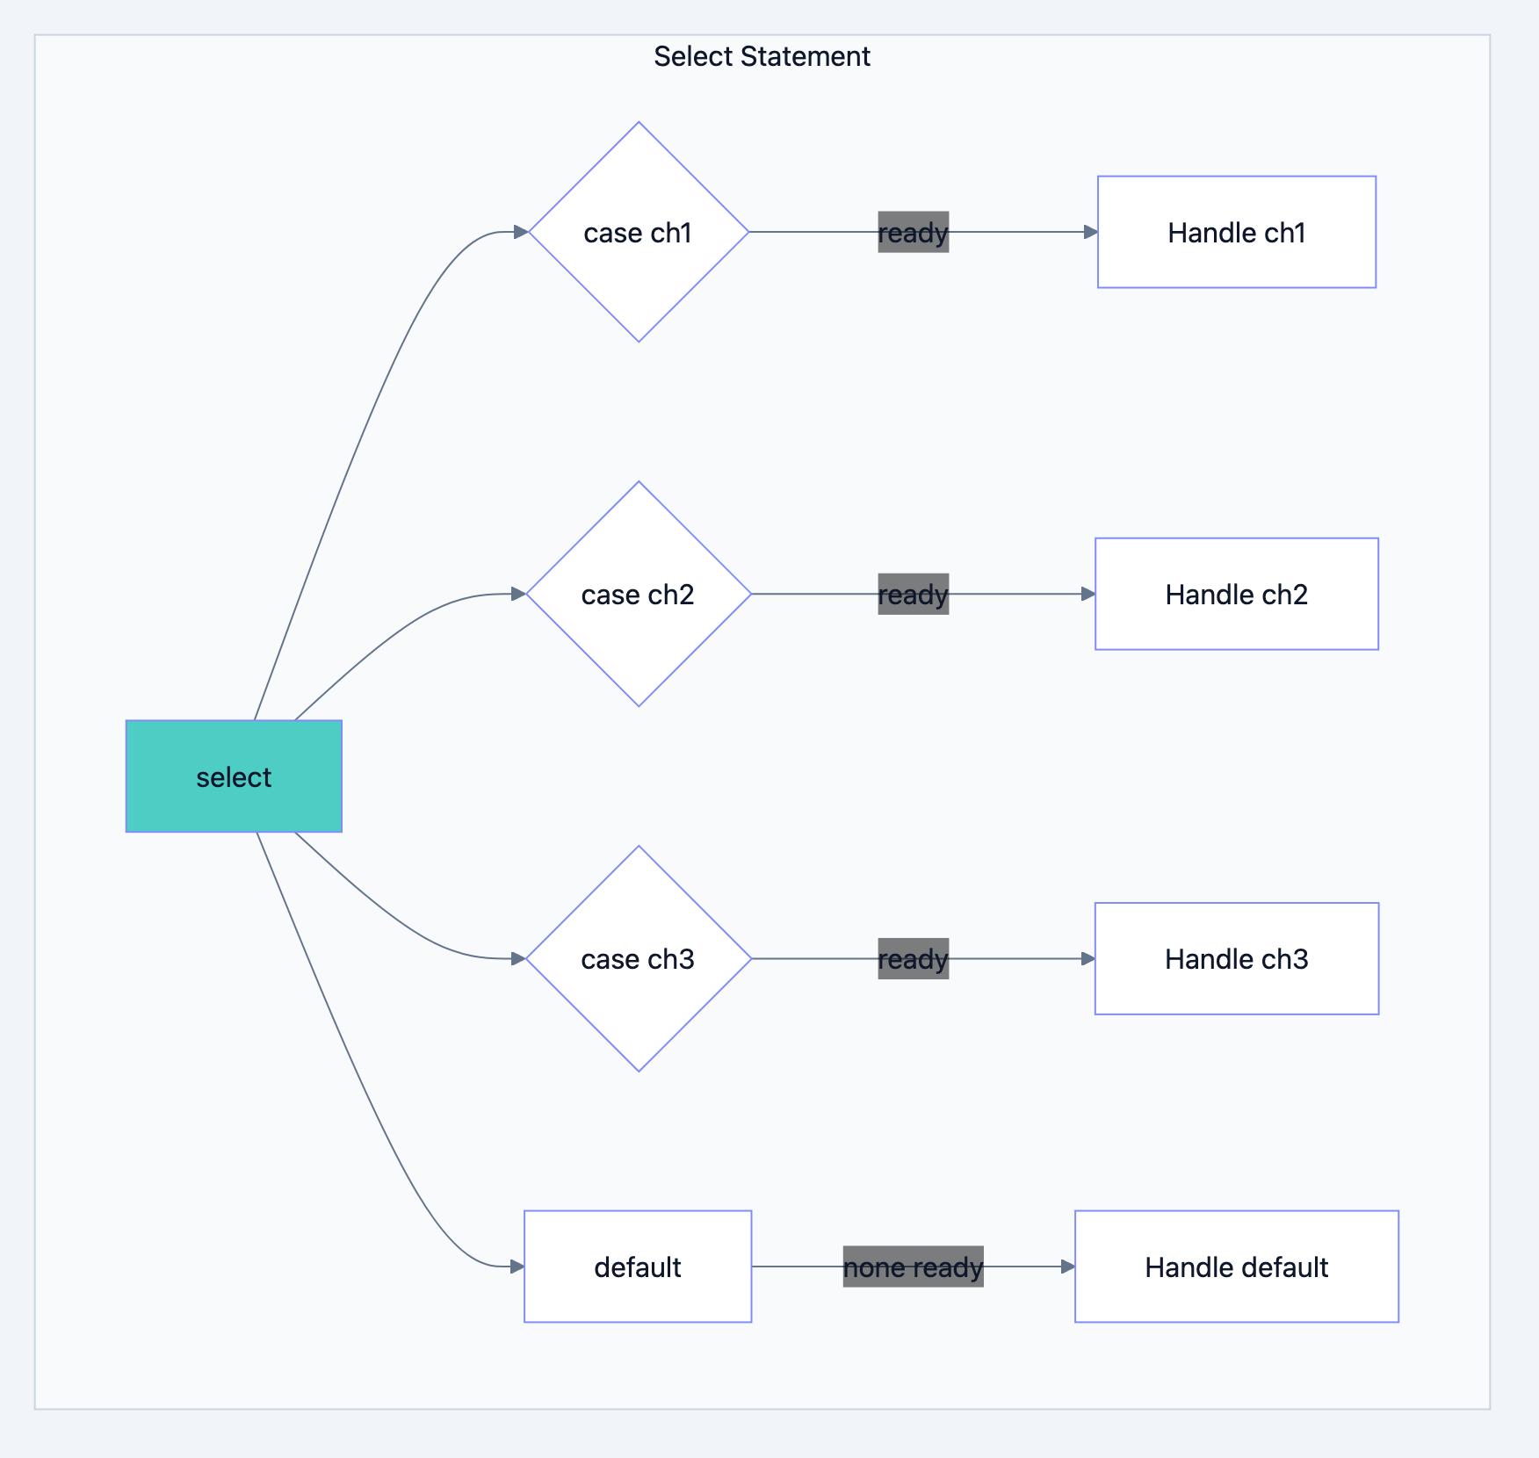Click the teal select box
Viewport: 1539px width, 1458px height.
tap(234, 776)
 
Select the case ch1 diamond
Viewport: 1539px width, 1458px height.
tap(639, 232)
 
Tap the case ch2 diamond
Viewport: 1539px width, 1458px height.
tap(639, 594)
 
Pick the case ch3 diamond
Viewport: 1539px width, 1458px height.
tap(639, 958)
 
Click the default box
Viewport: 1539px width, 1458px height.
tap(638, 1267)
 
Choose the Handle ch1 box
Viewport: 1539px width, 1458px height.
tap(1236, 232)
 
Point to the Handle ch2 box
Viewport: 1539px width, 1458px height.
tap(1236, 594)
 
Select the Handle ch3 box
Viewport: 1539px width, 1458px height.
tap(1236, 958)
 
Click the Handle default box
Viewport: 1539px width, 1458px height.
tap(1236, 1267)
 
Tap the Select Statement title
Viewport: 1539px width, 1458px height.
tap(762, 56)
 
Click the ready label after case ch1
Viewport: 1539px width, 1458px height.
tap(913, 232)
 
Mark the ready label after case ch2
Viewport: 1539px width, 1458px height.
tap(913, 594)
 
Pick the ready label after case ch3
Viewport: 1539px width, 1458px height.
tap(913, 958)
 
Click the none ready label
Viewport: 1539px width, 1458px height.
tap(913, 1267)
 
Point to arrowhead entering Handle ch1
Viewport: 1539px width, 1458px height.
tap(1090, 232)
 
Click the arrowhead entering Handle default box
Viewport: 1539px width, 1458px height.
tap(1067, 1267)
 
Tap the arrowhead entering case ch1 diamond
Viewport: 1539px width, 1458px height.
tap(520, 232)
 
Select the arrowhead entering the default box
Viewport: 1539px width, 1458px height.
tap(517, 1267)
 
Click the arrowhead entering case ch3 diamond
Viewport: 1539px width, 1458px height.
tap(518, 958)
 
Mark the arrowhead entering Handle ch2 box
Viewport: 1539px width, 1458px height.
tap(1087, 594)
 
